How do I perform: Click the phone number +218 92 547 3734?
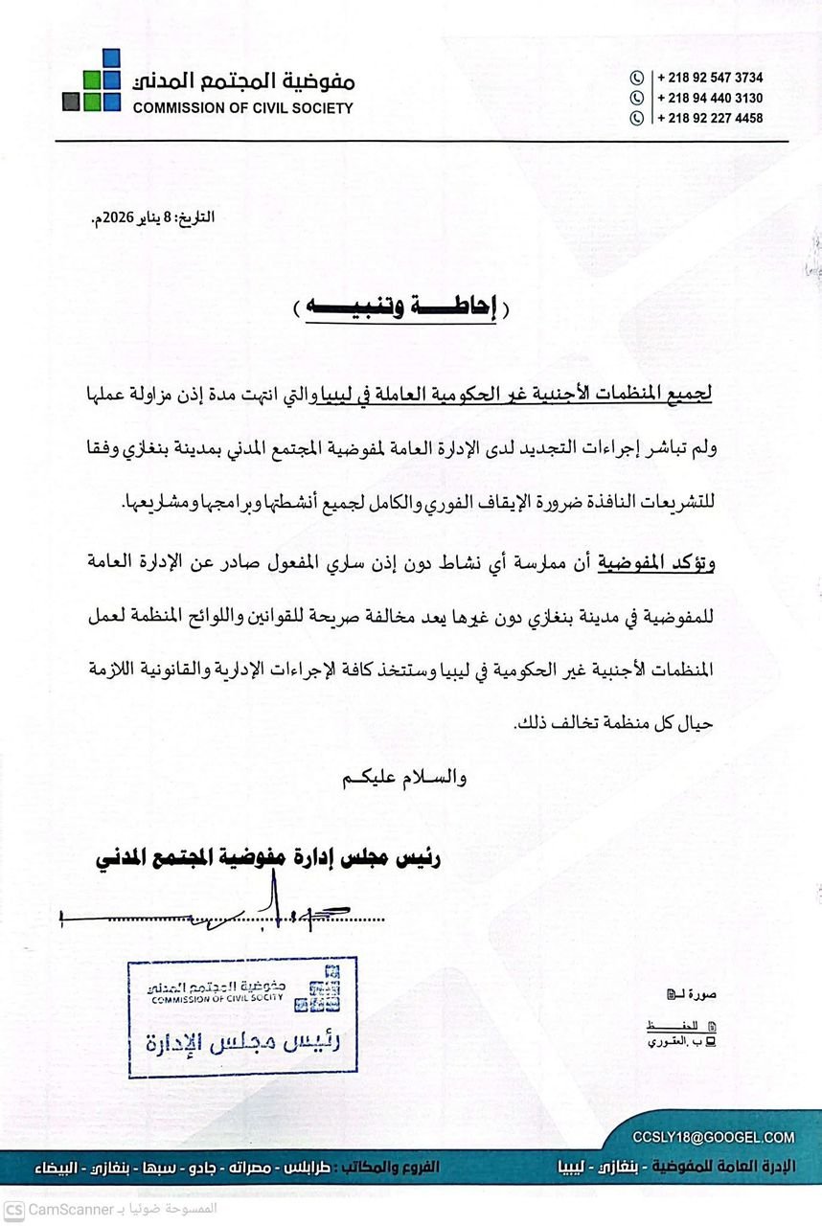tap(710, 78)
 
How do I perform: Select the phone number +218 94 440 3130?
tap(710, 98)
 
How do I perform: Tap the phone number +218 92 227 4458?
tap(710, 118)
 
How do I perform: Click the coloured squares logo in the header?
tap(93, 81)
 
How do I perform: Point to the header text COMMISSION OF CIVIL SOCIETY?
tap(242, 108)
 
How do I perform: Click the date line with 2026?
tap(152, 217)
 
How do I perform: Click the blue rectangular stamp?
tap(242, 1016)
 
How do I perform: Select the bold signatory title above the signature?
tap(268, 854)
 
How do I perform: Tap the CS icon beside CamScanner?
tap(13, 1209)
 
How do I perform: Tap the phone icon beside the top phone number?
tap(636, 78)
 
